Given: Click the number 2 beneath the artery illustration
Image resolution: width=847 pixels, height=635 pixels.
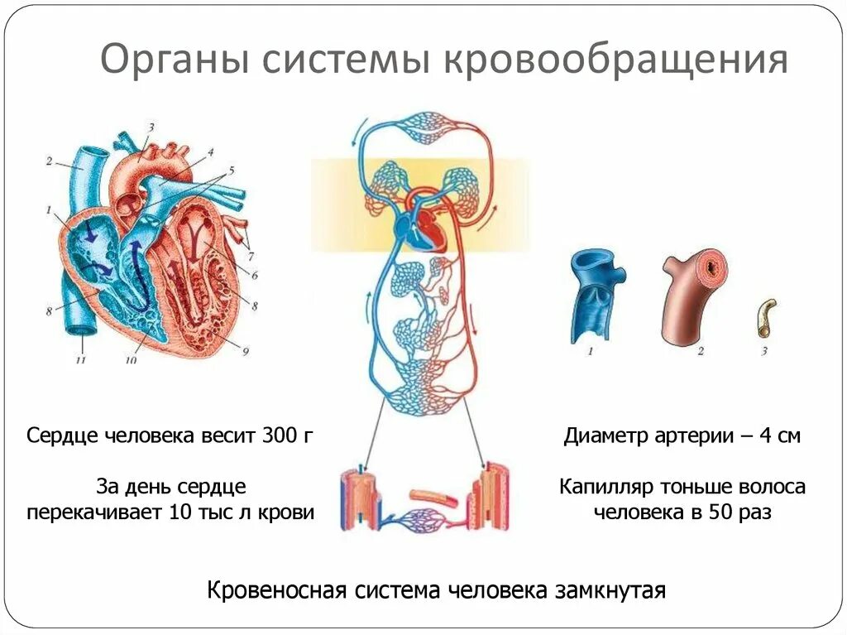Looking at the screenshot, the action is [x=700, y=352].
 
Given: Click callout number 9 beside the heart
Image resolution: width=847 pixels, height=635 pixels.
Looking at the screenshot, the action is [x=246, y=350].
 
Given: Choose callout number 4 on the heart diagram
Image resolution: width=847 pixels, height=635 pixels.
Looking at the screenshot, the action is [x=211, y=152].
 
